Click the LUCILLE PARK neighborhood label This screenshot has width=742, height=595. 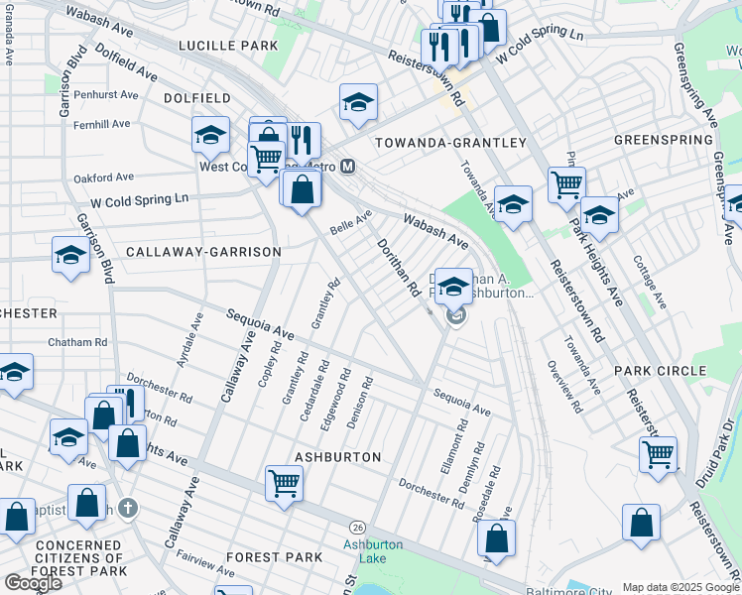tap(228, 46)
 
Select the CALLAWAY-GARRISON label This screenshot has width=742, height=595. tap(203, 252)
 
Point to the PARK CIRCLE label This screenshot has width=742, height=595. tap(660, 371)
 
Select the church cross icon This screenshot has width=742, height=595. tap(125, 509)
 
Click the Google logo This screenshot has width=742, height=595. tap(33, 583)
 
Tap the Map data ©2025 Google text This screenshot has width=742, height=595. tap(680, 587)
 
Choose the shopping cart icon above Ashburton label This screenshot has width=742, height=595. tap(284, 484)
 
